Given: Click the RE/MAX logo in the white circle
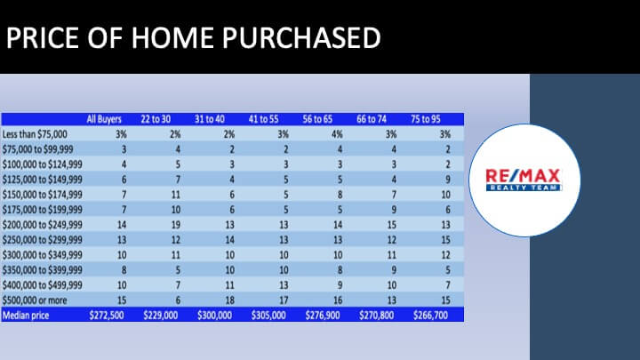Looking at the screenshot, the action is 524,180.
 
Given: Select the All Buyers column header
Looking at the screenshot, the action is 104,119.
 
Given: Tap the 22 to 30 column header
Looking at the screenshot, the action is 156,119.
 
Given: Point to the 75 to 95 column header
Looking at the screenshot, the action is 426,119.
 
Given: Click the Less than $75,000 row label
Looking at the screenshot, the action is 35,134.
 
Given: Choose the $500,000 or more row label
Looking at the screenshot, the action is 35,300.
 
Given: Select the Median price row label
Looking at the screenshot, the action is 26,316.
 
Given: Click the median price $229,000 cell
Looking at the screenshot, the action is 160,316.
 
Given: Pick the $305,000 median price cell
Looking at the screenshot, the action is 268,316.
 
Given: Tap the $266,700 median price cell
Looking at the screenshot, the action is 430,316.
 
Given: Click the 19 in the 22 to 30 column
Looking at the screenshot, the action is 175,225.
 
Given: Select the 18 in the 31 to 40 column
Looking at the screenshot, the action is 230,300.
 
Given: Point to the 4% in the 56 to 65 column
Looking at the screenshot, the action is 337,134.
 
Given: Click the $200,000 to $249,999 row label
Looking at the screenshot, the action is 43,225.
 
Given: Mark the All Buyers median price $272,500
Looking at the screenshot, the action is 107,316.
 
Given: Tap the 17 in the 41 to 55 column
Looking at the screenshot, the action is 284,300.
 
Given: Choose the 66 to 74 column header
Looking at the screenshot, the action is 372,119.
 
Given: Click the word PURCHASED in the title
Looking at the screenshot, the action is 301,38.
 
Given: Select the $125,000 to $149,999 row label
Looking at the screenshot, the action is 43,180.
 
